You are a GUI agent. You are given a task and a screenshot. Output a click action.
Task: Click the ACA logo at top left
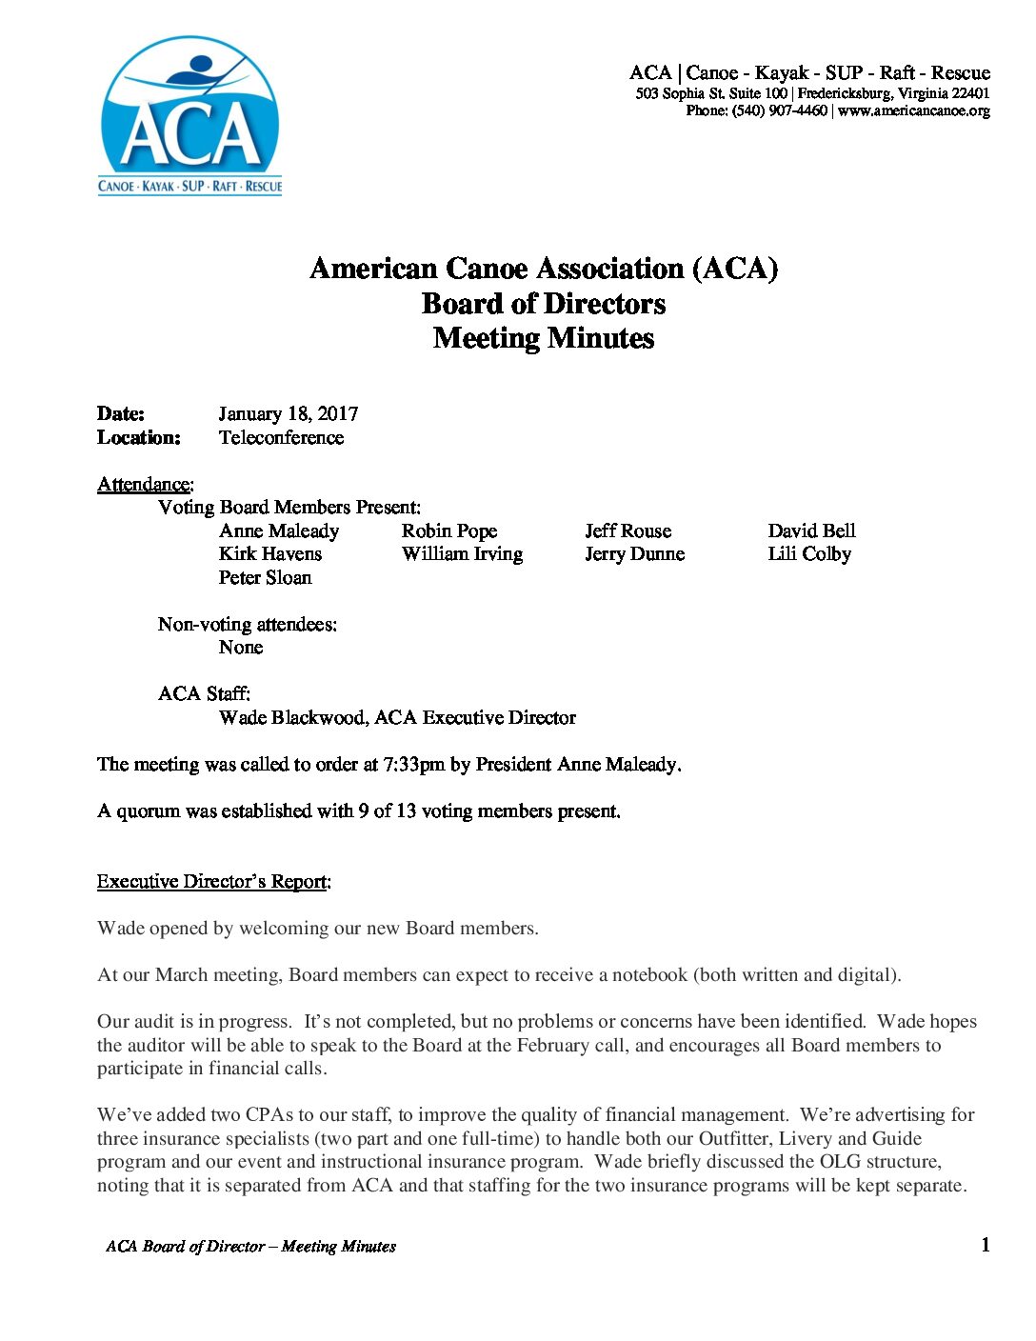click(190, 116)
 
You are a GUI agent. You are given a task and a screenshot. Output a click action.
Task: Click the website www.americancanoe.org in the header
click(913, 111)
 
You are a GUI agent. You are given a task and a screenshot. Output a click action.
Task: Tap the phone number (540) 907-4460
click(779, 111)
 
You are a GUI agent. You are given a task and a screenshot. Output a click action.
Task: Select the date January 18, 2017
click(288, 414)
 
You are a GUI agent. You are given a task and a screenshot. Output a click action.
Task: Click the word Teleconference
click(281, 438)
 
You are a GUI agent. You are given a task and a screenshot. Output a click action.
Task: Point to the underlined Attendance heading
click(144, 485)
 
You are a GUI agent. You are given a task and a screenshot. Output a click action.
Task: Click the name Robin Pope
click(448, 531)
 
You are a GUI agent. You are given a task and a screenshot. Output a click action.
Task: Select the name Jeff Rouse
click(628, 531)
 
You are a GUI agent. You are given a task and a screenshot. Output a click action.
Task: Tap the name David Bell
click(811, 531)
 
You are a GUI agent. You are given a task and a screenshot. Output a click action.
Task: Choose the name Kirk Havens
click(270, 554)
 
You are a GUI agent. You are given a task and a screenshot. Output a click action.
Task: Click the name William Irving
click(462, 554)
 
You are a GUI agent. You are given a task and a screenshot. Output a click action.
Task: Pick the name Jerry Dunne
click(634, 554)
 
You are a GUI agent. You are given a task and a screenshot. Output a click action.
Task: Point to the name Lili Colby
click(809, 554)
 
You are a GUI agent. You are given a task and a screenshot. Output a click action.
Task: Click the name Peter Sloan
click(265, 578)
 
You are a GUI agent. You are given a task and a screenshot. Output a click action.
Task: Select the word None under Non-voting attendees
click(241, 648)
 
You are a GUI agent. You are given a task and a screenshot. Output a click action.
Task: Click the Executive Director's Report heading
click(213, 882)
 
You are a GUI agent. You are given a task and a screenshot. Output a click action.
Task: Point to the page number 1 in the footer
click(986, 1245)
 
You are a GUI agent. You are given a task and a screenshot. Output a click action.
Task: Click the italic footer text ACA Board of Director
click(185, 1247)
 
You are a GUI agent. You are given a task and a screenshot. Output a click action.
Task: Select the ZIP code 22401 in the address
click(970, 93)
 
